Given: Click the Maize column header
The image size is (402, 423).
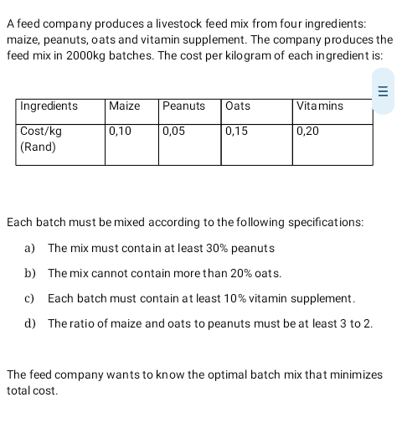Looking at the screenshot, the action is click(125, 106).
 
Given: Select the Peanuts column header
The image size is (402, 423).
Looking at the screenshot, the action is click(183, 106).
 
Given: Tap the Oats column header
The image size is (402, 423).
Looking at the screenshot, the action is click(238, 106).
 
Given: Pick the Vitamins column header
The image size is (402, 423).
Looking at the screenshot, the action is click(319, 106).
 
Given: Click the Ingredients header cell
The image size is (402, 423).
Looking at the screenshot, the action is click(49, 106).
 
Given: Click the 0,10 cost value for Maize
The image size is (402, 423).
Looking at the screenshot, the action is click(121, 132).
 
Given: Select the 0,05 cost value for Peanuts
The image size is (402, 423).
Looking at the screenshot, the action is click(174, 132).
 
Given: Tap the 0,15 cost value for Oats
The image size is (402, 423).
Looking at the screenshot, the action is click(237, 132).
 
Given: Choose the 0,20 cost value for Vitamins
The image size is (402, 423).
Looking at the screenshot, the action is click(307, 132).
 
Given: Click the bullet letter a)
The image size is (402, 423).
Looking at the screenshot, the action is click(30, 249).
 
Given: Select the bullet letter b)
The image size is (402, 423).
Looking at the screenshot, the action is click(30, 274).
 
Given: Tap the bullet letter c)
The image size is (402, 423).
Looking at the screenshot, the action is click(30, 298).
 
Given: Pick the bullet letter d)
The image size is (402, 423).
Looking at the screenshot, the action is click(30, 323).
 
